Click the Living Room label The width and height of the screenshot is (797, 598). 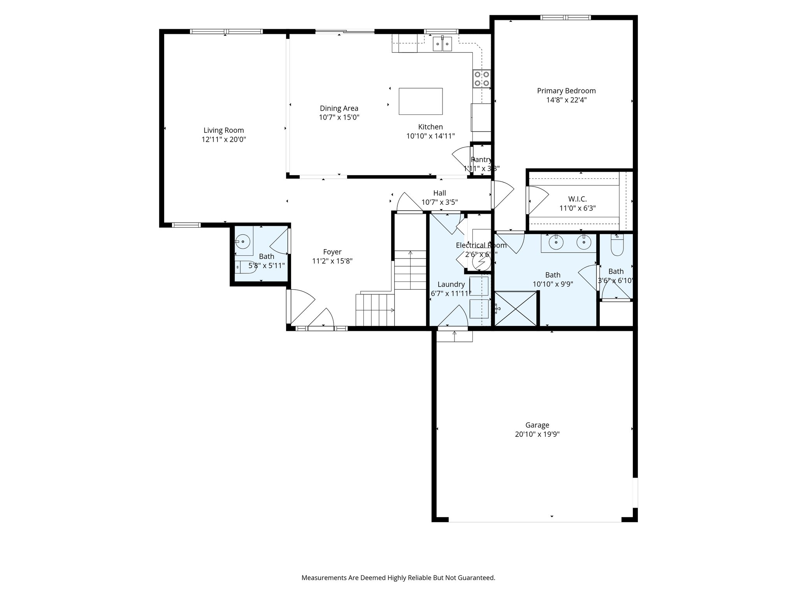point(224,130)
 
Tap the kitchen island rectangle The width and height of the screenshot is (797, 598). point(420,101)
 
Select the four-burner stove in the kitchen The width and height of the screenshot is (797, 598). point(482,78)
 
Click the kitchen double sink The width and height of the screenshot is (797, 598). point(442,44)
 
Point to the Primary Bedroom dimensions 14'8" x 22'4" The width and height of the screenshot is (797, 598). point(566,100)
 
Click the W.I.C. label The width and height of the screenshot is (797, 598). point(577,199)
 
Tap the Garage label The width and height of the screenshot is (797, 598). point(537,425)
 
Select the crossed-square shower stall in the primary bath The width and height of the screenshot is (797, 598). point(516,309)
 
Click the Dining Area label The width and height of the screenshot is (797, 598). point(339,108)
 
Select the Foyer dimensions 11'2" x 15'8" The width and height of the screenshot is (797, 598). point(332,261)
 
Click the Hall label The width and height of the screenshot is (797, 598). point(439,193)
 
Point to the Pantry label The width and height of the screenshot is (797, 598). point(481,160)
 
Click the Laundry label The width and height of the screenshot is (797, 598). point(451,284)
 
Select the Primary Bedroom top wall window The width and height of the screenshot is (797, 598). point(565,18)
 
